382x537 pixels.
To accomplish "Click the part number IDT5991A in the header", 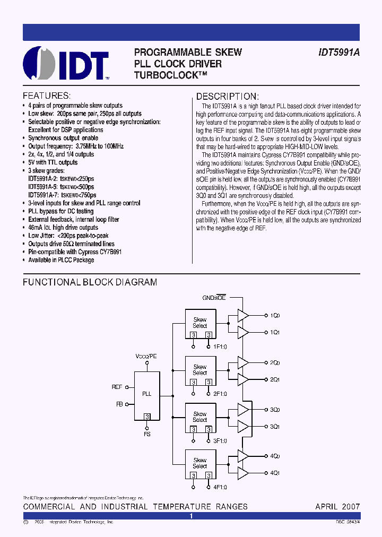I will point(339,53).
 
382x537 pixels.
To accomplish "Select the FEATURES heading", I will point(46,96).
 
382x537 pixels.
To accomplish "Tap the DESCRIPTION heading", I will point(228,97).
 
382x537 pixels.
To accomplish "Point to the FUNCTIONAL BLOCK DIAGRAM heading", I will point(90,282).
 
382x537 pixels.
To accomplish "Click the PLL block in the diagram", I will point(147,394).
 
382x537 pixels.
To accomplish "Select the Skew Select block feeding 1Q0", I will point(200,323).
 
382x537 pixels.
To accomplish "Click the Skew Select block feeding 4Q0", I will point(200,463).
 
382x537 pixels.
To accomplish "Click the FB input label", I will point(119,404).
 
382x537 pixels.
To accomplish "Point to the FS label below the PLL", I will point(147,434).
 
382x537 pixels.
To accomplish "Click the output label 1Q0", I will point(275,316).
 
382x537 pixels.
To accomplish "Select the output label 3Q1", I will point(275,427).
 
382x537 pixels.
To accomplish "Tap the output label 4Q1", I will point(275,473).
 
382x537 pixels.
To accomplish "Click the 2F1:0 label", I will point(220,394).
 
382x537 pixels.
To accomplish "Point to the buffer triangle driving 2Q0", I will point(243,362).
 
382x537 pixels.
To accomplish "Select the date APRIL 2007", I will point(337,507).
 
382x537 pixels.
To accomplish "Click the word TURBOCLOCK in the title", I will point(173,75).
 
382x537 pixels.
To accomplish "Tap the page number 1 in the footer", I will point(191,516).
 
